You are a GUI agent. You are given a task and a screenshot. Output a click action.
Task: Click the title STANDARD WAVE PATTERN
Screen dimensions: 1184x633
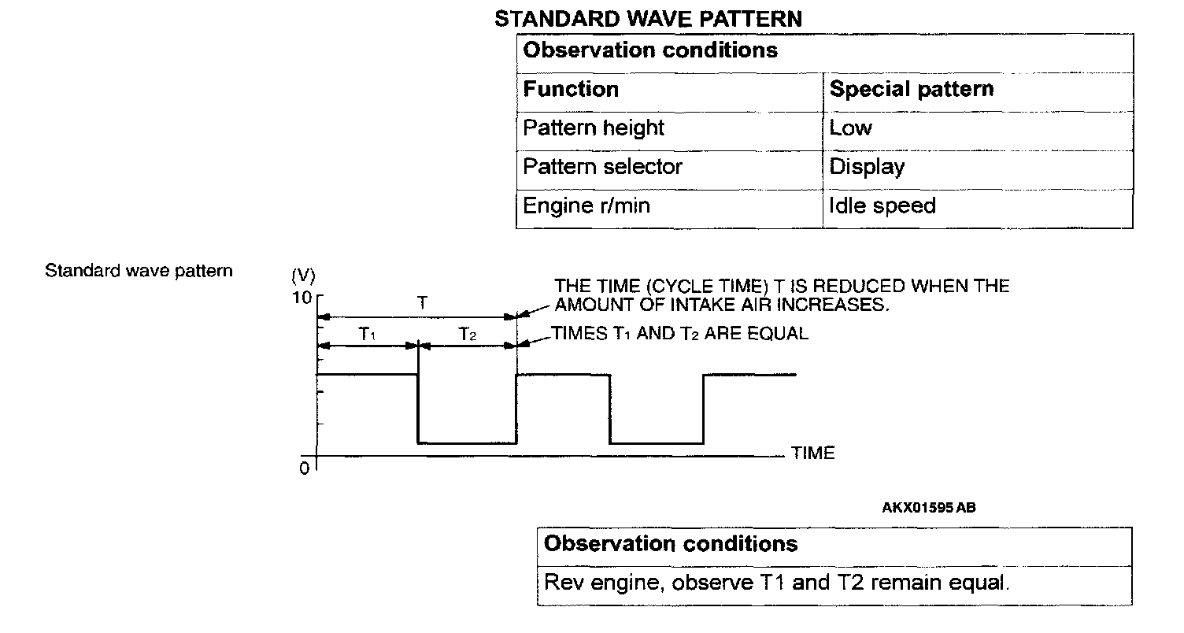click(x=648, y=19)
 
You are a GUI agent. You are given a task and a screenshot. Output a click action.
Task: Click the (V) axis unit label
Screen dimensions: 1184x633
click(x=303, y=276)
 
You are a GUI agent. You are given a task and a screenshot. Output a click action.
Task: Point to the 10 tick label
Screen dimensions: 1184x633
click(x=303, y=298)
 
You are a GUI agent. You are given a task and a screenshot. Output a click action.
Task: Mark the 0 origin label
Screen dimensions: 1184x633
click(x=304, y=468)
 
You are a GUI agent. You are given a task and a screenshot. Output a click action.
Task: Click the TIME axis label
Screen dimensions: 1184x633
click(x=812, y=453)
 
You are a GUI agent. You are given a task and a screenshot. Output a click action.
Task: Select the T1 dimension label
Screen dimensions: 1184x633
click(x=368, y=335)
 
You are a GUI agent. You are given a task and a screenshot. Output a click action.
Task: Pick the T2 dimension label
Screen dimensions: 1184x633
click(x=468, y=335)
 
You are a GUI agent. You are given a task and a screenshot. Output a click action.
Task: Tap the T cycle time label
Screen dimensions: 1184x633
click(x=423, y=302)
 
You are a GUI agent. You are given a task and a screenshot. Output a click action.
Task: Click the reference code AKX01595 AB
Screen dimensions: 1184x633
click(x=928, y=508)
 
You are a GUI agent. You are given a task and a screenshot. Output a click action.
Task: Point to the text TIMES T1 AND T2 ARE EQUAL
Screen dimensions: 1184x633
click(x=679, y=334)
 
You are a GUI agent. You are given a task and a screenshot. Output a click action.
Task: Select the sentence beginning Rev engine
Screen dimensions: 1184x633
click(x=775, y=583)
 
